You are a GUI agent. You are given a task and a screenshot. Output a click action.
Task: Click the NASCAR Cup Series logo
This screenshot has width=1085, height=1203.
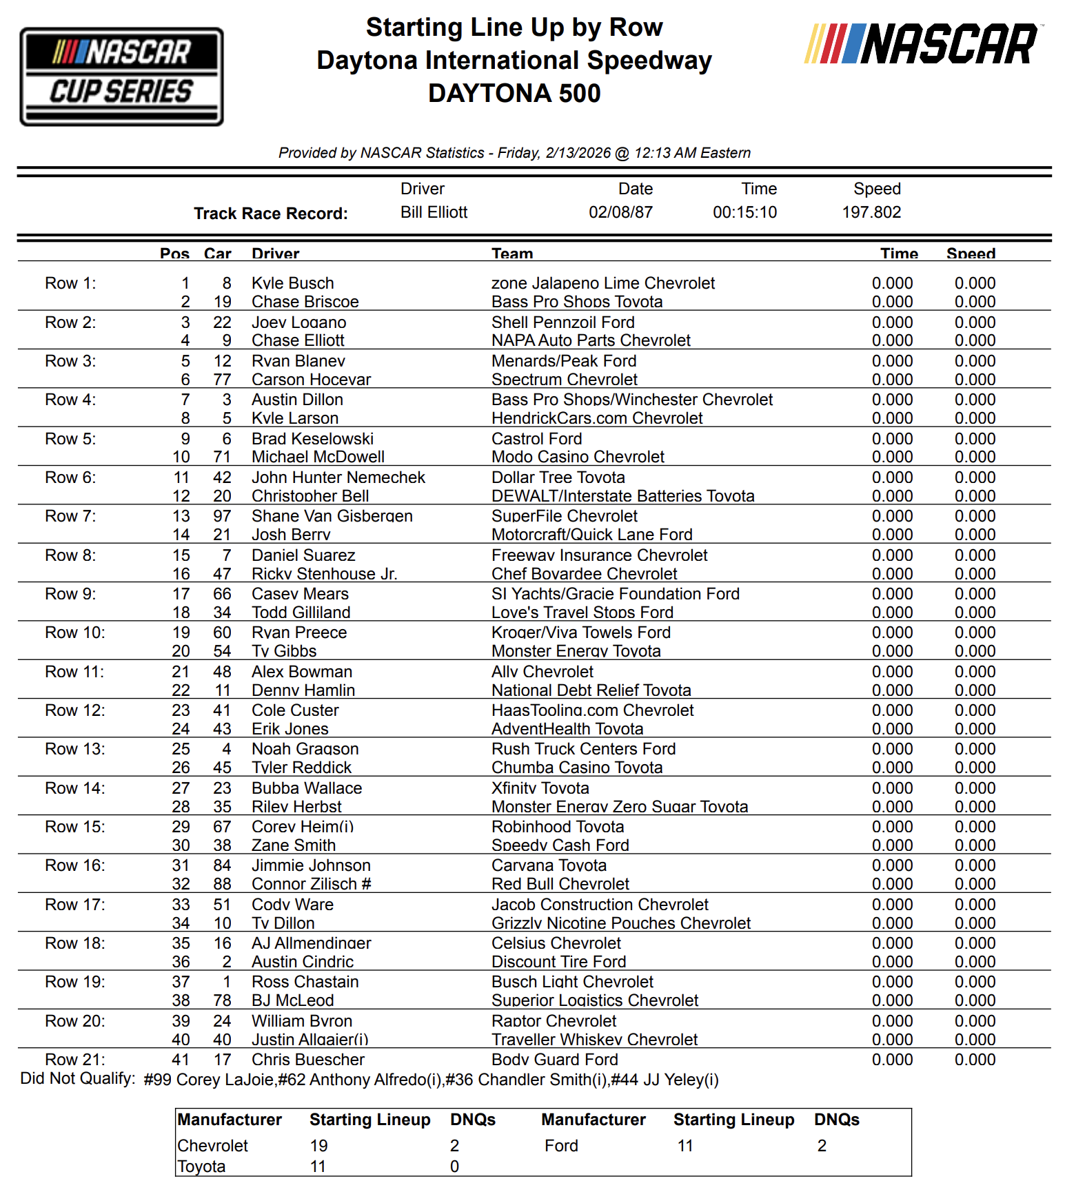[121, 76]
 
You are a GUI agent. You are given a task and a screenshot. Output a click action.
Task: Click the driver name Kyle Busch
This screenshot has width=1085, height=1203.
[292, 283]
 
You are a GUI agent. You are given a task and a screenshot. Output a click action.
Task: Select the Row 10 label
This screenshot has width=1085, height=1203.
[74, 633]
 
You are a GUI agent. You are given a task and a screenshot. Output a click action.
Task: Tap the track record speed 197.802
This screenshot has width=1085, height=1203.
[871, 212]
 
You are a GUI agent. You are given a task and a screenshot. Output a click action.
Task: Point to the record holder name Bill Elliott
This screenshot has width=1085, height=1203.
[434, 212]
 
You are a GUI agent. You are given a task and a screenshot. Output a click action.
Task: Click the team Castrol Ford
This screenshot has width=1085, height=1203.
[536, 439]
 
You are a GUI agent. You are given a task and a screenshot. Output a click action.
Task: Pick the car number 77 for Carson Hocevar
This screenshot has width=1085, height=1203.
[222, 380]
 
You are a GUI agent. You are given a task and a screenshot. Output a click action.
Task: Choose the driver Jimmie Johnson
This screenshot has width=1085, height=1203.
[311, 865]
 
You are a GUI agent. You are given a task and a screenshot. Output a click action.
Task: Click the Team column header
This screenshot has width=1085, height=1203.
[512, 254]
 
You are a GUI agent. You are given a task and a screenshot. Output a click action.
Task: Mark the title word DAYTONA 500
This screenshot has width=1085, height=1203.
[514, 93]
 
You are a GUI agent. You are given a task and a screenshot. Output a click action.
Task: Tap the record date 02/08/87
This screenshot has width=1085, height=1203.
[620, 212]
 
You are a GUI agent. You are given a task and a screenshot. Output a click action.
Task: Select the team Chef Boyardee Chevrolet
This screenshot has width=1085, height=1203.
[584, 574]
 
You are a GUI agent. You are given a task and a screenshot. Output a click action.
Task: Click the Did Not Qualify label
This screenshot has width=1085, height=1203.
[77, 1078]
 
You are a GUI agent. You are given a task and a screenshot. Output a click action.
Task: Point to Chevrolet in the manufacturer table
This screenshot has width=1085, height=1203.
[212, 1146]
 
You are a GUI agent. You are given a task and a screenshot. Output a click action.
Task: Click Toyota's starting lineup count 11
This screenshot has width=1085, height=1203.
[318, 1166]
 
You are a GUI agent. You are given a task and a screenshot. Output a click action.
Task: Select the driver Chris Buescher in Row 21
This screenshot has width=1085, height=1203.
[307, 1060]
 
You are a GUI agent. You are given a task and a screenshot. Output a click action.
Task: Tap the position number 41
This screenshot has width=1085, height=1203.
[181, 1060]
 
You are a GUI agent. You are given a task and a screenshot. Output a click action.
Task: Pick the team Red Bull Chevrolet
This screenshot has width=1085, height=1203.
[560, 884]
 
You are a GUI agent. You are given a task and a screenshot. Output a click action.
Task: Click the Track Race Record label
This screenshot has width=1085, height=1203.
[270, 214]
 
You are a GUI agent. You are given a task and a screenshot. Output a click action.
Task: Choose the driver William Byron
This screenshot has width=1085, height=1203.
[301, 1021]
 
